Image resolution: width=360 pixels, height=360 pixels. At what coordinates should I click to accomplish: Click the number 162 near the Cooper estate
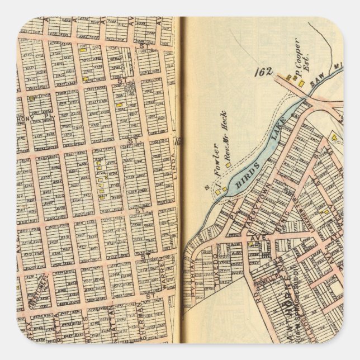[263, 72]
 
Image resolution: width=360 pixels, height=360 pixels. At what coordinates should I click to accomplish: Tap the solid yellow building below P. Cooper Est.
[302, 84]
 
